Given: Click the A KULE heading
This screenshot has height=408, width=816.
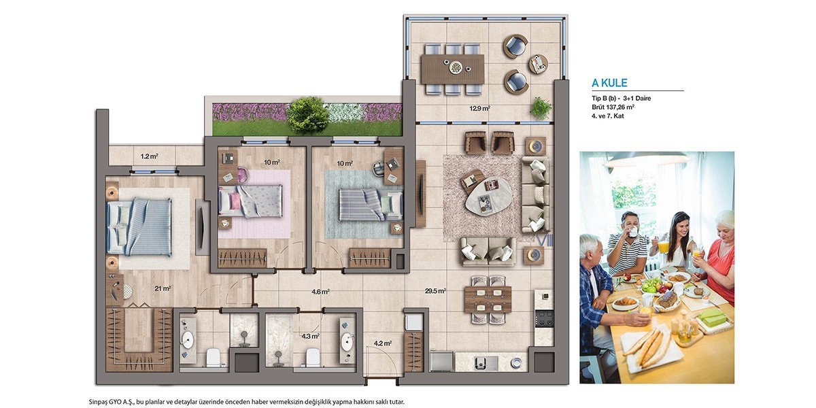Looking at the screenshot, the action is (609, 83).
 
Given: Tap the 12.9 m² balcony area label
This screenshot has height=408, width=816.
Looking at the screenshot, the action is (479, 108).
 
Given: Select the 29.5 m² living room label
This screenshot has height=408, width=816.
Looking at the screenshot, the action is (435, 291).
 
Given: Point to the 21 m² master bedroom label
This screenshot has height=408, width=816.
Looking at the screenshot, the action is (163, 288).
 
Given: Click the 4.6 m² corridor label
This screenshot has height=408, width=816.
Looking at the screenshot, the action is (320, 292).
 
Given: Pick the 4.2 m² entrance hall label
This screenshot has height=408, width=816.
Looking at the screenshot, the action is (382, 343).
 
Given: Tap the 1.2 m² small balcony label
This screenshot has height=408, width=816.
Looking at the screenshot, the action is (149, 156).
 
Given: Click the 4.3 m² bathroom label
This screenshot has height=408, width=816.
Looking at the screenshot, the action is (310, 336).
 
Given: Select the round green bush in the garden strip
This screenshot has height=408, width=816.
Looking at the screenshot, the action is (307, 115).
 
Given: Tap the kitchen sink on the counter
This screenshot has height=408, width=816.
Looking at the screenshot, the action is (486, 362).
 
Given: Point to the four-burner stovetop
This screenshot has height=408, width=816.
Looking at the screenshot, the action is (544, 318).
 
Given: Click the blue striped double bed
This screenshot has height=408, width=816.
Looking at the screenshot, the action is (139, 226).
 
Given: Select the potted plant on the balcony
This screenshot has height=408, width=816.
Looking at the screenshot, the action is (541, 108).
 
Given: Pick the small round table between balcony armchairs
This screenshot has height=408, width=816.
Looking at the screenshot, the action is (538, 64).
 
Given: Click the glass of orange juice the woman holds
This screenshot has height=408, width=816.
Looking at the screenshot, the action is (664, 246).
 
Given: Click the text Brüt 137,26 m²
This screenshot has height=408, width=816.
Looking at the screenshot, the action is (613, 107).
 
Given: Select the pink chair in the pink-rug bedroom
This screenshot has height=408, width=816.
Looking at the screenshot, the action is (243, 175).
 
